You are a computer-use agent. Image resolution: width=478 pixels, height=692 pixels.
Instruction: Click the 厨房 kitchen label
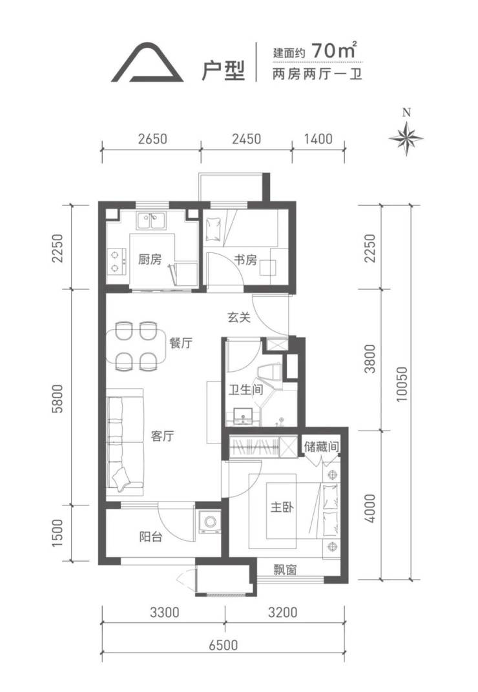pos(150,259)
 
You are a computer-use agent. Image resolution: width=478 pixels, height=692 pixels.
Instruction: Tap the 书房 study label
pos(245,259)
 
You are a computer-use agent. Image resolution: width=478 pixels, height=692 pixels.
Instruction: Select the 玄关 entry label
pos(240,317)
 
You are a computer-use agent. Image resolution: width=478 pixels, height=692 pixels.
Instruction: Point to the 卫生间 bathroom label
pos(245,389)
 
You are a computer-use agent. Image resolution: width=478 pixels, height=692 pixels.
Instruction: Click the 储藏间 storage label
pos(321,447)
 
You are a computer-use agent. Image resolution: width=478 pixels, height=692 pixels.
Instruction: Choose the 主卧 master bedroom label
pos(282,507)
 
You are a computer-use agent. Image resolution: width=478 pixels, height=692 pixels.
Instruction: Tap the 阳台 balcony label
pos(151,536)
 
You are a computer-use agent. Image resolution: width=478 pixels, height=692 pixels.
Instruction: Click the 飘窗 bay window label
pos(284,570)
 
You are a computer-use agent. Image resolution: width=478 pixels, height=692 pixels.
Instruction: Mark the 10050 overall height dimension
pos(402,383)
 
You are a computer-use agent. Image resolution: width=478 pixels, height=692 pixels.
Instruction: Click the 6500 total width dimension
pos(223,645)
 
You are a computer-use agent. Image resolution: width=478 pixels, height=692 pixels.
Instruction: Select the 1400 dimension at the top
pos(318,139)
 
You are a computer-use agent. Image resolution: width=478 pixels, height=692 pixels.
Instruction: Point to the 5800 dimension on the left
pos(58,398)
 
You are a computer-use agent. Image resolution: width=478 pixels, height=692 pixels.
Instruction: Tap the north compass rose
pos(406,137)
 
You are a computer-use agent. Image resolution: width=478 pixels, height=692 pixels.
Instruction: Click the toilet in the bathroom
pos(269,371)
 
